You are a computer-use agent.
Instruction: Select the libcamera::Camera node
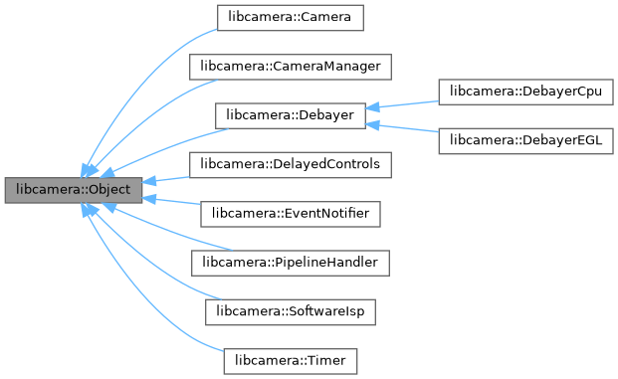coord(291,18)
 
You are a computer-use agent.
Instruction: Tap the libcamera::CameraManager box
coord(291,67)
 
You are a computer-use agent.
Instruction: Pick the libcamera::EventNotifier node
coord(291,213)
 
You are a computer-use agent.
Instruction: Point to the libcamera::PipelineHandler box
coord(291,262)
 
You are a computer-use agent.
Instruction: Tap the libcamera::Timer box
coord(291,358)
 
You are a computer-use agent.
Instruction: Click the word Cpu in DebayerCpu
coord(587,92)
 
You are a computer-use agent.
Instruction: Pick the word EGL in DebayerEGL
coord(588,139)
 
